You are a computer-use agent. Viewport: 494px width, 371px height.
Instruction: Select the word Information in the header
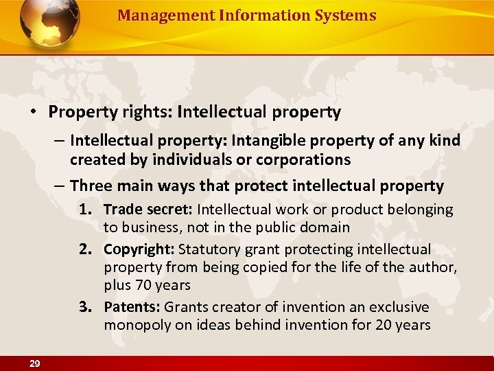(257, 15)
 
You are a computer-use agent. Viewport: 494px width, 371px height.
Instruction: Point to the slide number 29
(34, 363)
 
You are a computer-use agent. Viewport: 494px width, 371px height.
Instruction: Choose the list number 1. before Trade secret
(91, 210)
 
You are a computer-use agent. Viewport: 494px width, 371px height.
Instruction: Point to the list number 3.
(91, 306)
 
